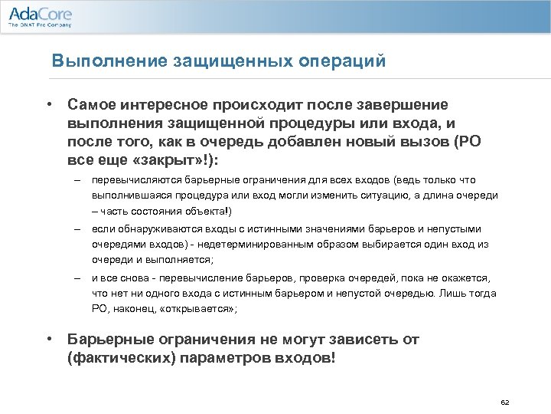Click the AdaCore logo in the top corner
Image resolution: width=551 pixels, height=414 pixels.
point(39,14)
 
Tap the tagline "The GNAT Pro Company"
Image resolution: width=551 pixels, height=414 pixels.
point(40,25)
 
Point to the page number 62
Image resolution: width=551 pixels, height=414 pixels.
point(504,402)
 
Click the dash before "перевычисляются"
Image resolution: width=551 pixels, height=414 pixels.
point(77,180)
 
